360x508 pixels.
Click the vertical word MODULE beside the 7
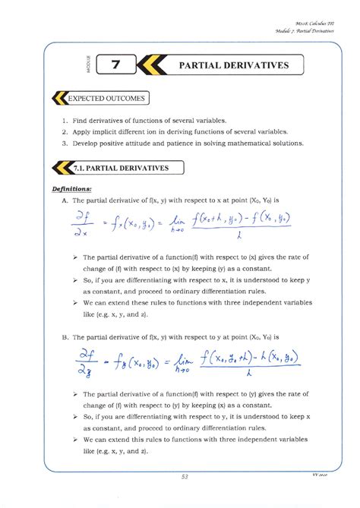(90, 66)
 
